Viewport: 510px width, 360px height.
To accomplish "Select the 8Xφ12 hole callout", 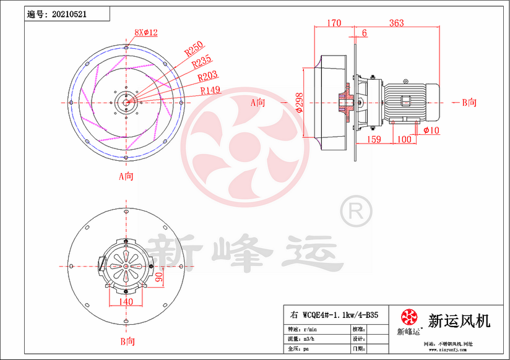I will [146, 32].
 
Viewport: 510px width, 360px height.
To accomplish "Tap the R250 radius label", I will [194, 49].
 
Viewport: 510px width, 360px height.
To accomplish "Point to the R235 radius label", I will [202, 62].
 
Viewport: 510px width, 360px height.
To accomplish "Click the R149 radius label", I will [211, 90].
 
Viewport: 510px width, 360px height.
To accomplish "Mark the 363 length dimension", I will [396, 24].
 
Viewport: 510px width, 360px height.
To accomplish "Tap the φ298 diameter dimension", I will [299, 102].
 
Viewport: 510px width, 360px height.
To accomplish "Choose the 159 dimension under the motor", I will [374, 139].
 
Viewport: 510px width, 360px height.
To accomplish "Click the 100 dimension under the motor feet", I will [404, 139].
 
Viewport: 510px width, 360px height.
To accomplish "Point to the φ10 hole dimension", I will [431, 130].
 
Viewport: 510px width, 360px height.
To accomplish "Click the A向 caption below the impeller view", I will [126, 176].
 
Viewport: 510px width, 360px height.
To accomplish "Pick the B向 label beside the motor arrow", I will [470, 103].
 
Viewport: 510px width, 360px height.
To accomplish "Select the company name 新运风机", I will [459, 320].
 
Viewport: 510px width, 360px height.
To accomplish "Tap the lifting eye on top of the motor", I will [405, 80].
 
